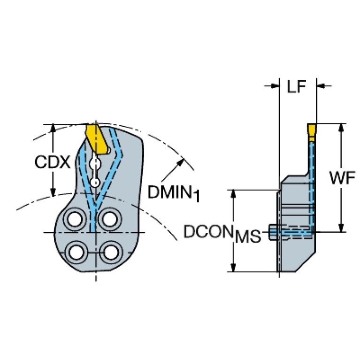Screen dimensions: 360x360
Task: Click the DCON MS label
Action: pyautogui.click(x=221, y=233)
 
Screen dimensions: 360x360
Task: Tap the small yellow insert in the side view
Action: pyautogui.click(x=312, y=129)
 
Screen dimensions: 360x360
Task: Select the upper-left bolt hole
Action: pyautogui.click(x=75, y=218)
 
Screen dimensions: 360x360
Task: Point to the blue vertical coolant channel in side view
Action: pyautogui.click(x=311, y=183)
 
